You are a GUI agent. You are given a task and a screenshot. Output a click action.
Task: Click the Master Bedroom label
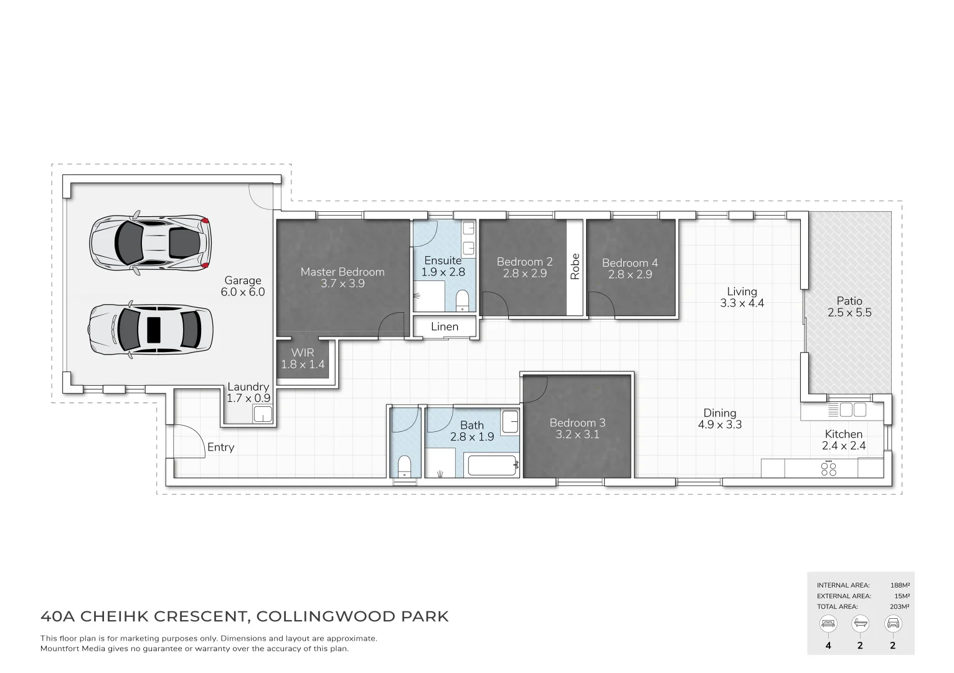(342, 272)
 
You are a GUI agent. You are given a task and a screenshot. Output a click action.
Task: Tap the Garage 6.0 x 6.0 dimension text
(243, 292)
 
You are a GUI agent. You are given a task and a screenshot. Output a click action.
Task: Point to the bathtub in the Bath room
(493, 465)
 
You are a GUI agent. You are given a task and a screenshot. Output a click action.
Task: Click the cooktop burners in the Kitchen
(829, 469)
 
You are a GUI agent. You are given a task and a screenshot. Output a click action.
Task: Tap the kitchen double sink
(852, 410)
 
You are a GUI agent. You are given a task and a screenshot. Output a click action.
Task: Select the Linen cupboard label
(445, 327)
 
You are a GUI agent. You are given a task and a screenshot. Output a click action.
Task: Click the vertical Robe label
(575, 266)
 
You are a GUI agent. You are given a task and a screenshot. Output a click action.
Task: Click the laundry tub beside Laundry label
(263, 414)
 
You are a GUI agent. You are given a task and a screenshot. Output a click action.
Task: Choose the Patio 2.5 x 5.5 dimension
(849, 313)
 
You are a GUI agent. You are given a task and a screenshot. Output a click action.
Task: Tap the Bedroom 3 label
(577, 422)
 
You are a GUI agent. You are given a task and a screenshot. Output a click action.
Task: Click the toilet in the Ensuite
(462, 300)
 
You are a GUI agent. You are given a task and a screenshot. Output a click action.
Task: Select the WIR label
(303, 353)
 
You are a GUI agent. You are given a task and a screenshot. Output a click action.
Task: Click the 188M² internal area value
(900, 585)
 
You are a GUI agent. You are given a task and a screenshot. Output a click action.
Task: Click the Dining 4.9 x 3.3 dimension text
(720, 425)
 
